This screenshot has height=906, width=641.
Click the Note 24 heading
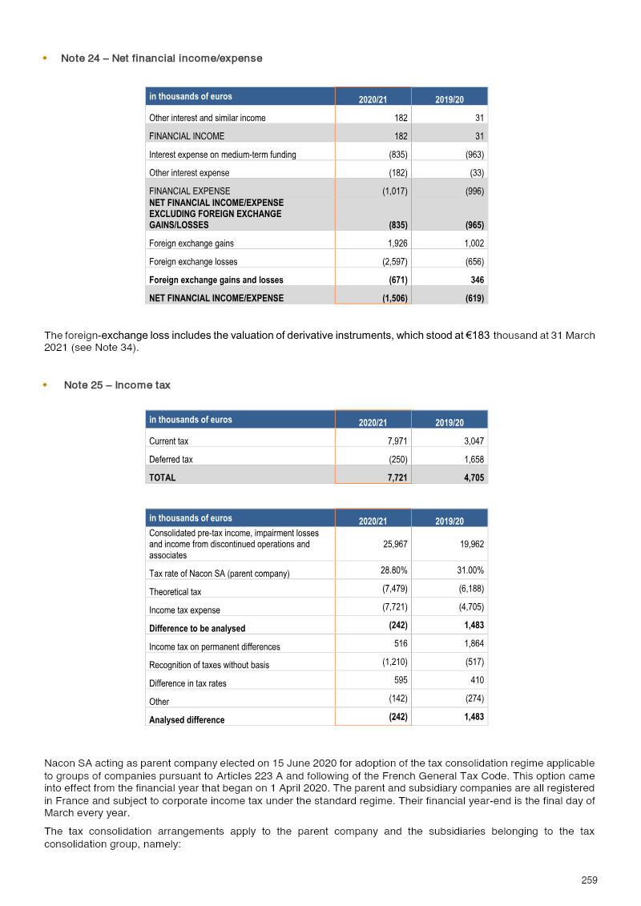click(x=161, y=58)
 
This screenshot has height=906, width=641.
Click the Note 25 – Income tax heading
click(x=117, y=385)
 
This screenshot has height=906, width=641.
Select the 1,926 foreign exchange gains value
click(x=393, y=243)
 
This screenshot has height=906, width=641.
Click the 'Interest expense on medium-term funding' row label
click(x=222, y=155)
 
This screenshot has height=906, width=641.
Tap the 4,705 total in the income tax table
click(x=471, y=477)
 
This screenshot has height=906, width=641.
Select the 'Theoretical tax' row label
click(x=175, y=592)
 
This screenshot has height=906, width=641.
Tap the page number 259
click(x=589, y=880)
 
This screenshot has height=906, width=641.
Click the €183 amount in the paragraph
click(x=478, y=336)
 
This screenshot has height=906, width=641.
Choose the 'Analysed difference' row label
click(x=187, y=720)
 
